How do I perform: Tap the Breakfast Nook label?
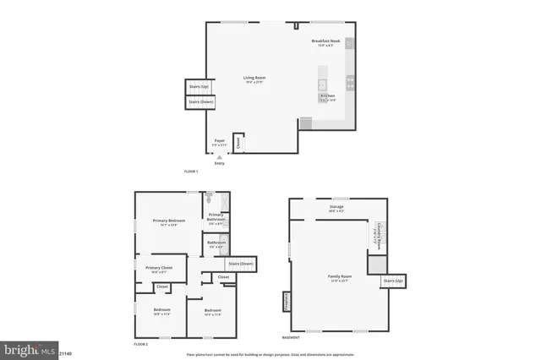pos(325,42)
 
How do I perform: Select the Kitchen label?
pos(327,97)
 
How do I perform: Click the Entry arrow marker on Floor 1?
pos(219,157)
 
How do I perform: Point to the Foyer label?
pos(219,142)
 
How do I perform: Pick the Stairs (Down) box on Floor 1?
pos(200,102)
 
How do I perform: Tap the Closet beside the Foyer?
pos(238,143)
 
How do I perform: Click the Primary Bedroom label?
pos(169,222)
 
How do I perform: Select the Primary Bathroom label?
pos(216,217)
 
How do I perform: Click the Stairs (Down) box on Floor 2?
pos(240,264)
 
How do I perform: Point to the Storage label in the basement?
pos(336,208)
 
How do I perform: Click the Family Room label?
pos(340,278)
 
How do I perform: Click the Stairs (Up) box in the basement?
pos(394,281)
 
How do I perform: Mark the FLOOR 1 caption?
pos(190,172)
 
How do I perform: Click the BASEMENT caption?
pos(290,337)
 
